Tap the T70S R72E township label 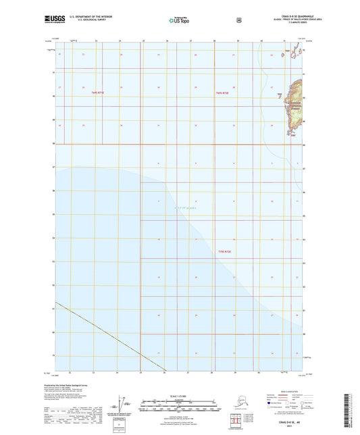tap(225, 252)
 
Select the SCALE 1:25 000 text tap(180, 394)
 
